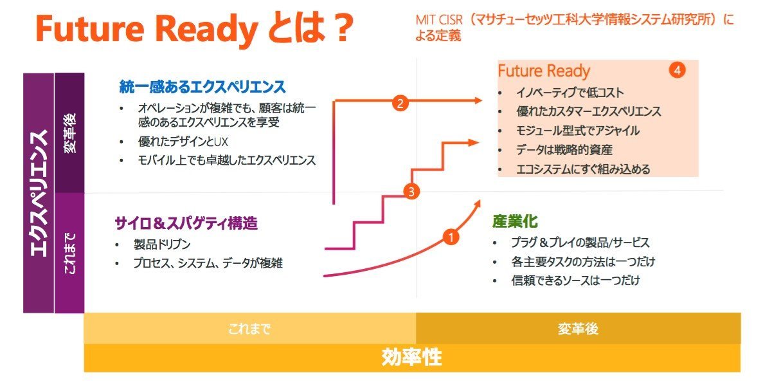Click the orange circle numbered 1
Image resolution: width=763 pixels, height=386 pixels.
point(451,237)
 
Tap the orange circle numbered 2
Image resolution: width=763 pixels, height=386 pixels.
point(400,103)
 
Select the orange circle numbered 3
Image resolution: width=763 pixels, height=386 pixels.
point(411,191)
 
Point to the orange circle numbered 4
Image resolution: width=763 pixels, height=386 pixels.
point(677,70)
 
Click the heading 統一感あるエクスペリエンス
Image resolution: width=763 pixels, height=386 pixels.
point(202,87)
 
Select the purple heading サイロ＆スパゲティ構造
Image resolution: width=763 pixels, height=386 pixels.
point(186,223)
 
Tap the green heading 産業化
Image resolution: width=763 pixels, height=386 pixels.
point(515,221)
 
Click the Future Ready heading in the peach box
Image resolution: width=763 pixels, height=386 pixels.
point(544,71)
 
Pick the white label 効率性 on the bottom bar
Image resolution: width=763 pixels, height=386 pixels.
point(411,358)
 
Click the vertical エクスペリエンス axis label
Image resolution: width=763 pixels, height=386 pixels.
point(39,193)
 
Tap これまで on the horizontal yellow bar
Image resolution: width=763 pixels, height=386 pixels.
point(249,329)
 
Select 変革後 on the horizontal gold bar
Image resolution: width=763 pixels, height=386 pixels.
point(578,329)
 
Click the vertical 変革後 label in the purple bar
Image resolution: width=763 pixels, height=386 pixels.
point(70,133)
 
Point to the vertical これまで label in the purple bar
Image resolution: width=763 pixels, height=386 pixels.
point(70,253)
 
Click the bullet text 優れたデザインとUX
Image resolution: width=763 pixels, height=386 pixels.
point(183,142)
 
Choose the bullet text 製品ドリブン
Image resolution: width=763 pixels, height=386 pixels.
point(162,244)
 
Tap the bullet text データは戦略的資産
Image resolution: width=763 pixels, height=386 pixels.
point(564,150)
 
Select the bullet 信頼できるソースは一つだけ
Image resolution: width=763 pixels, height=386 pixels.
point(575,280)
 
